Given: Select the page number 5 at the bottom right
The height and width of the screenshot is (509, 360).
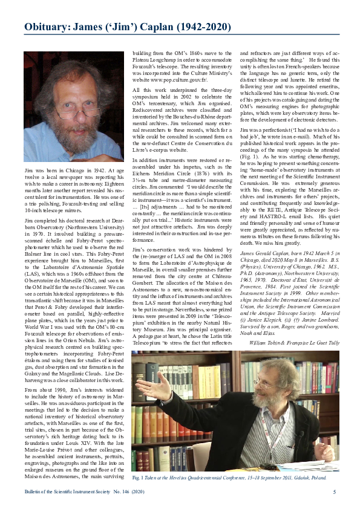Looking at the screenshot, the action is click(335, 492).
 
